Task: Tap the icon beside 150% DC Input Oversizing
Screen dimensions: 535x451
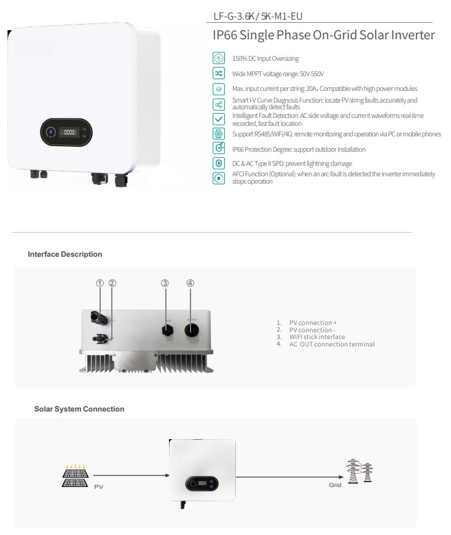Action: point(219,58)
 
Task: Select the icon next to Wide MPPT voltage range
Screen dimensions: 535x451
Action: point(219,73)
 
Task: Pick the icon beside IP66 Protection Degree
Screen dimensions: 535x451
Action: point(219,149)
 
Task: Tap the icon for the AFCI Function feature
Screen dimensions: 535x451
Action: point(219,178)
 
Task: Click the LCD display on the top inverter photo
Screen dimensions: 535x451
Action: point(67,132)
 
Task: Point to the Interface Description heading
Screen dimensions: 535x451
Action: point(65,254)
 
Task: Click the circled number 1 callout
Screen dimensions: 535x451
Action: point(100,283)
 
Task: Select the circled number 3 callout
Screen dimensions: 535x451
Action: point(165,283)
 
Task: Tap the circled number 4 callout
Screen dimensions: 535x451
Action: point(190,283)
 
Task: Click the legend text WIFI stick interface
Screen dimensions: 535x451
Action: point(317,337)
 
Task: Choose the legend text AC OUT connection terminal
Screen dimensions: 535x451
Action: point(332,344)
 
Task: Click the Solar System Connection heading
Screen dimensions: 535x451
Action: point(79,409)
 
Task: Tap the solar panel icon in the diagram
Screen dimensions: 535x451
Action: point(74,474)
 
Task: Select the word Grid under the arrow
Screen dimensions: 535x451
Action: point(335,485)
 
